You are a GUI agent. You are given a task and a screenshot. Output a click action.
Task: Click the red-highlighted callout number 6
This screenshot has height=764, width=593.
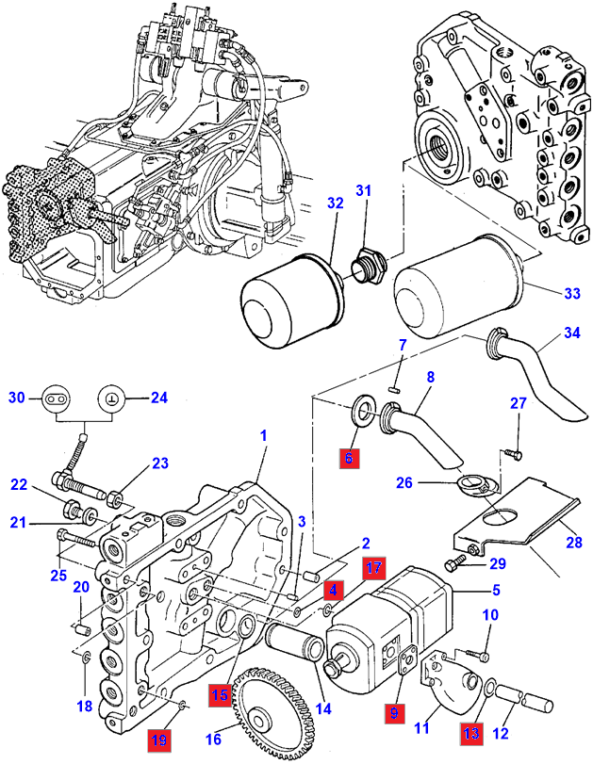click(349, 459)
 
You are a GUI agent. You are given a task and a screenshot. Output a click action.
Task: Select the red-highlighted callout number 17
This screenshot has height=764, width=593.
click(374, 568)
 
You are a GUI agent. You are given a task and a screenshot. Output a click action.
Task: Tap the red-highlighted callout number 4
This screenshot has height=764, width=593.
click(332, 590)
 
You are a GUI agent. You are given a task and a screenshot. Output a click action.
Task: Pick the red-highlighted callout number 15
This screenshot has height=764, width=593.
click(221, 693)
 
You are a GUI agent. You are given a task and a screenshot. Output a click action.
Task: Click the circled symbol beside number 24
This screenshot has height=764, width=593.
click(113, 398)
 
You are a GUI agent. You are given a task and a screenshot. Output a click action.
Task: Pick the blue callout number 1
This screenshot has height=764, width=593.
click(264, 436)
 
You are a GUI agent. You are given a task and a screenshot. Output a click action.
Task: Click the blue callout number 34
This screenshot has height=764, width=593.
click(572, 332)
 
